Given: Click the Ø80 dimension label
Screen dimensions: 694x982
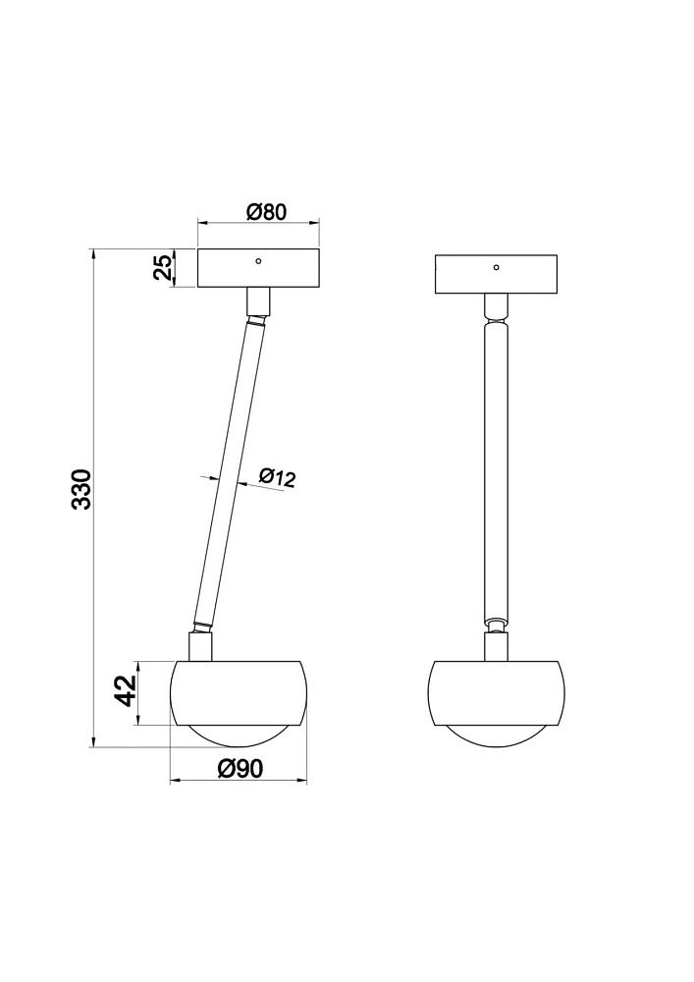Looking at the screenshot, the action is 266,213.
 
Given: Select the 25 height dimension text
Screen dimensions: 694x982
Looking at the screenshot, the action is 163,268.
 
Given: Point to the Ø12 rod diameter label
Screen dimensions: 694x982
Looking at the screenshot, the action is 276,478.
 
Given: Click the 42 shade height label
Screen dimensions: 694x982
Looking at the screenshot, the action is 129,690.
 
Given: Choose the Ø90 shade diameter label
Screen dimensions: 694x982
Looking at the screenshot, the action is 240,768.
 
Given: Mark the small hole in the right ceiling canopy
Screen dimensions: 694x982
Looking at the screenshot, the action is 496,267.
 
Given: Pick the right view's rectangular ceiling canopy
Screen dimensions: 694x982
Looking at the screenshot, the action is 496,274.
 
